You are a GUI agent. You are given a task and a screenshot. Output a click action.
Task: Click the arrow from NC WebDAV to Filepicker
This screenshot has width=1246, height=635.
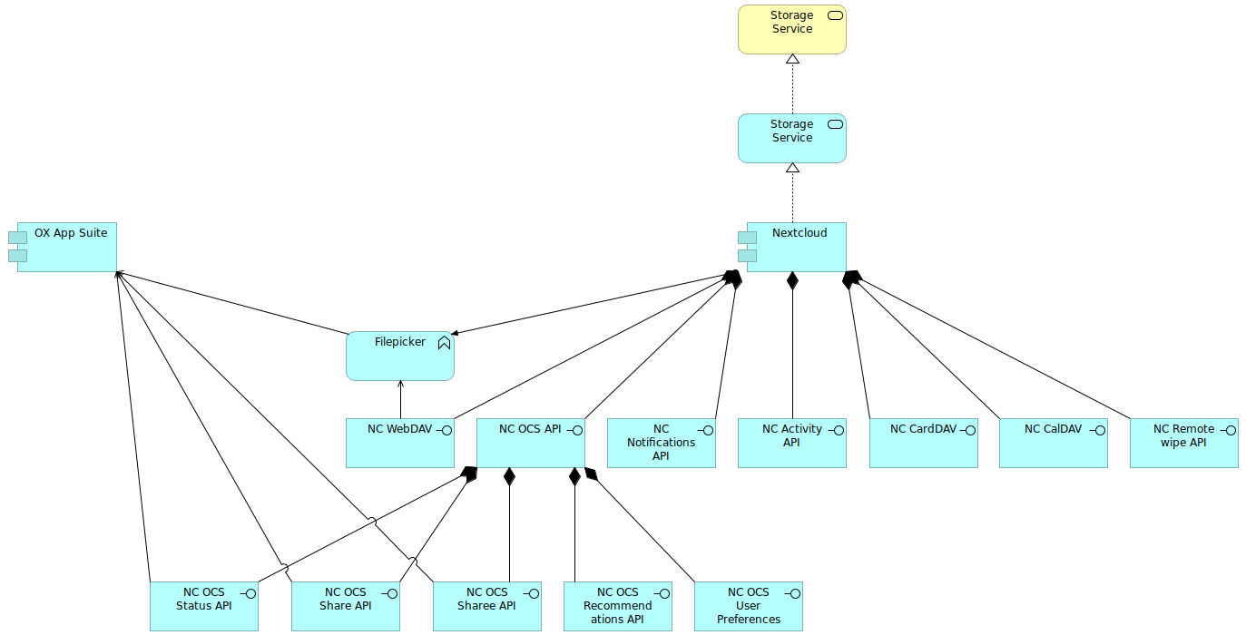[400, 399]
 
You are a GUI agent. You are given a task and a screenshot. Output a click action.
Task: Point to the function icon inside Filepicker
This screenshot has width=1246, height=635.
[444, 343]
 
